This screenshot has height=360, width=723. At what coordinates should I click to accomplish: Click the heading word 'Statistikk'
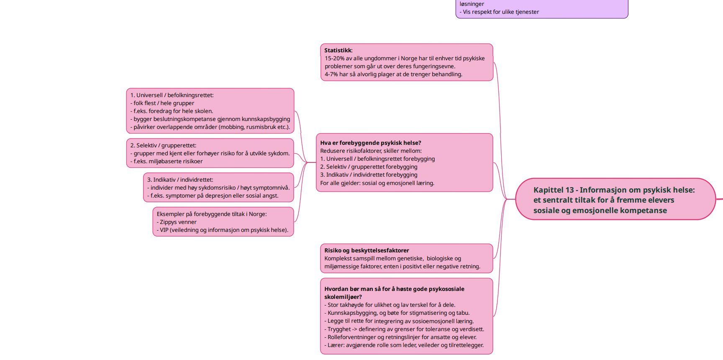point(338,51)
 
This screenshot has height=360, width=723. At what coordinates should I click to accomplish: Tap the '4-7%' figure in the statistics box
point(331,75)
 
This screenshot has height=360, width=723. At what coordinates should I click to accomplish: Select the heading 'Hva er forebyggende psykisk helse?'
point(371,143)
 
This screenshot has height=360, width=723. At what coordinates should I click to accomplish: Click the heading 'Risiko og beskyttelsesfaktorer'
point(367,251)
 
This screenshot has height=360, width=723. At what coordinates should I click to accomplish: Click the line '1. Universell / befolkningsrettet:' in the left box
point(172,95)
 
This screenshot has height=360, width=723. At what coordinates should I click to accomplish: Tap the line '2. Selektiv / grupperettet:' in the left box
point(163,146)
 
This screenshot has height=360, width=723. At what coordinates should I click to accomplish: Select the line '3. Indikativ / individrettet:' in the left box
point(180,180)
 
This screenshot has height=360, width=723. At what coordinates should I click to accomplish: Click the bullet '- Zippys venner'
point(177,222)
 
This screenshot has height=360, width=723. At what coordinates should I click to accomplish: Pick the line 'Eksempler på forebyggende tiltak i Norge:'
point(212,214)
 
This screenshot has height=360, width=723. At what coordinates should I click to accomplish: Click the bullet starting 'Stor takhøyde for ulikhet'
point(390,305)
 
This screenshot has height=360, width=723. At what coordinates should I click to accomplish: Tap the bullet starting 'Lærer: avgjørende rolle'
point(404,345)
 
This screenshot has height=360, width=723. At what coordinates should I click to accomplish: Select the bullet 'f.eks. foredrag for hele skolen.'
point(172,111)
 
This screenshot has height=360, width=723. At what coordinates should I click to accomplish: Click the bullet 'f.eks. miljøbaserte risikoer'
point(167,162)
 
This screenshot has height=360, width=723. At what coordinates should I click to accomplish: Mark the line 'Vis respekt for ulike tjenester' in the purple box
point(499,12)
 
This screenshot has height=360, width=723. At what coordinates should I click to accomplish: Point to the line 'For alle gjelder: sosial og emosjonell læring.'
point(377,183)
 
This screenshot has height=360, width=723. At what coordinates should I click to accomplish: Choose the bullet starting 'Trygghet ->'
point(404,329)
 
